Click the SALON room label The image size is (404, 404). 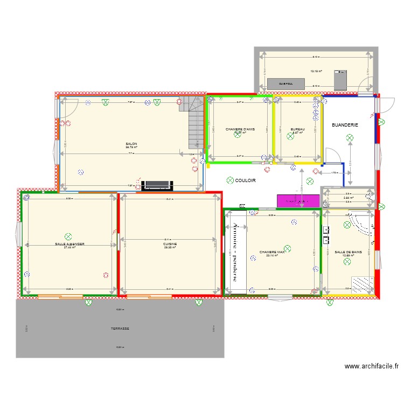click(131, 144)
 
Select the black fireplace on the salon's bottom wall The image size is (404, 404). click(157, 185)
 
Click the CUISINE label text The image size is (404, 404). click(169, 243)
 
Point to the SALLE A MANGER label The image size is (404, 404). click(69, 244)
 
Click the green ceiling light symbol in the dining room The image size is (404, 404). click(68, 236)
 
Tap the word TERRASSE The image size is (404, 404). click(120, 329)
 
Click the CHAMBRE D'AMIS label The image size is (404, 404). click(240, 129)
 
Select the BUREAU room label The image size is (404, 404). click(297, 129)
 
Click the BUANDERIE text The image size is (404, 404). click(345, 125)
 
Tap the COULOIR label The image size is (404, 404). click(245, 180)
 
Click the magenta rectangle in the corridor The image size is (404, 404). click(298, 200)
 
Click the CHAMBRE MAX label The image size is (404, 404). click(271, 252)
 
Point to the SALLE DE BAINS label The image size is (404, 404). click(347, 252)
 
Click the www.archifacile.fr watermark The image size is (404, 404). click(372, 367)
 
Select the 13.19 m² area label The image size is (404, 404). click(316, 71)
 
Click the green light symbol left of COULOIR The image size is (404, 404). click(230, 180)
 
